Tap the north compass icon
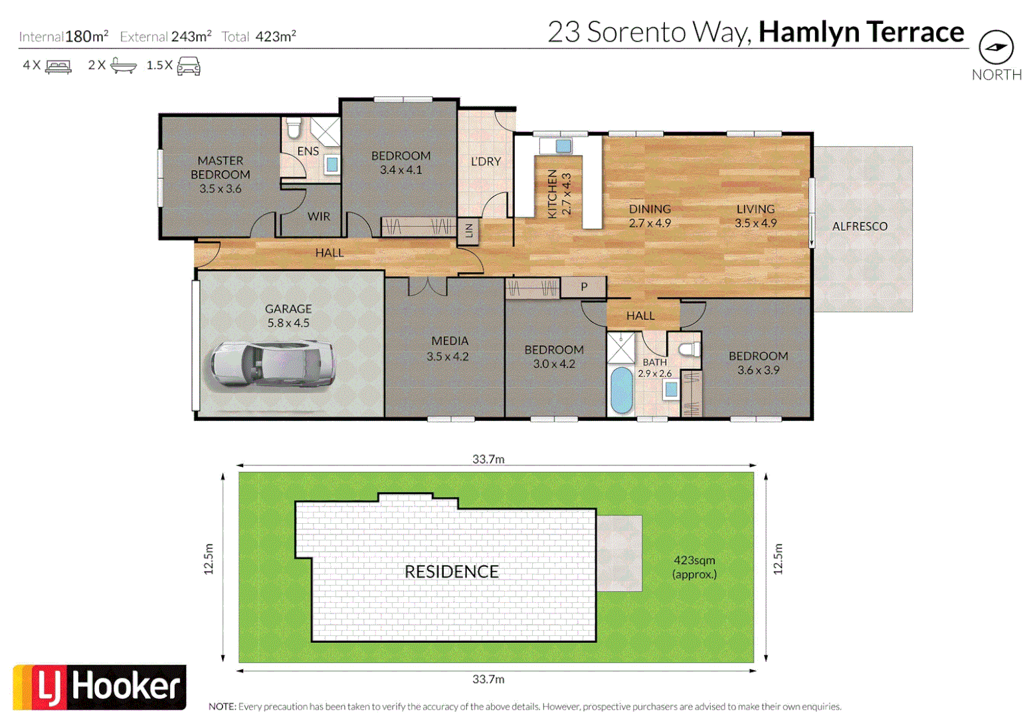click(996, 48)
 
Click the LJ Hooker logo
click(100, 687)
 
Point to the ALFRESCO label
click(860, 226)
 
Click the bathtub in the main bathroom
click(621, 390)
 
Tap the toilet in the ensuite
click(294, 128)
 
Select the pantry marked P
click(584, 287)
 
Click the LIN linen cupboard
click(468, 231)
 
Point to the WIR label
click(319, 216)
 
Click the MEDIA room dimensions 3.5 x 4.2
click(448, 357)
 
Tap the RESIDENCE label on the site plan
click(451, 572)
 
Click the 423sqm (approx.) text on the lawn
click(694, 567)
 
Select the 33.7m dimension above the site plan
click(488, 459)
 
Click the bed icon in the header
click(58, 66)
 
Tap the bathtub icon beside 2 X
click(124, 66)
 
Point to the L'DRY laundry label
click(486, 161)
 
